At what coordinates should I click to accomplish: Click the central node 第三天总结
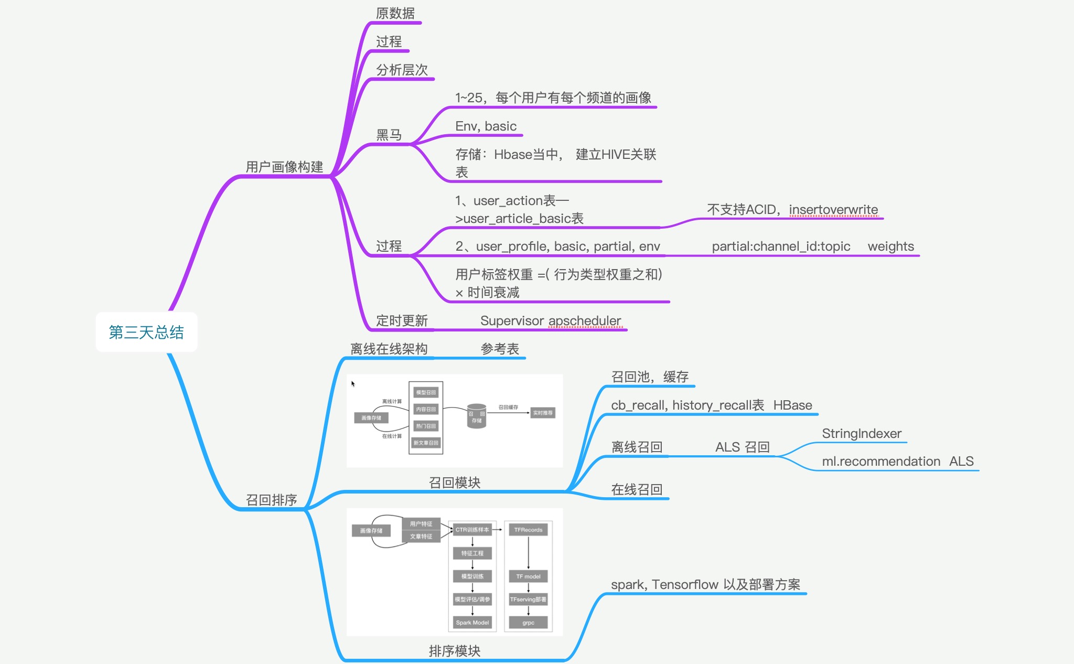(146, 332)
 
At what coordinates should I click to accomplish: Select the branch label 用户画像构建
(284, 167)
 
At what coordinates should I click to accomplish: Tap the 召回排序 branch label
(271, 500)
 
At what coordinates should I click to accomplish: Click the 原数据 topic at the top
(395, 13)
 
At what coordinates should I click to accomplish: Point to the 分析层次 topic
(402, 70)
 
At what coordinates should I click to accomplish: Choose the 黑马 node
(389, 135)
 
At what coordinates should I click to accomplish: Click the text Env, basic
(486, 126)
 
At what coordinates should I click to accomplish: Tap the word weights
(890, 247)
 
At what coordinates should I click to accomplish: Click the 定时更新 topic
(402, 320)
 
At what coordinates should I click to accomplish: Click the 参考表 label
(500, 349)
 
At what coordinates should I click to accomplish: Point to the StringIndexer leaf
(861, 434)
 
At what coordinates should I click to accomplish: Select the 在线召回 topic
(637, 489)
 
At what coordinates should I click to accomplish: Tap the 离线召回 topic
(637, 447)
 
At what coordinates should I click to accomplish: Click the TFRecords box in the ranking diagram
(528, 530)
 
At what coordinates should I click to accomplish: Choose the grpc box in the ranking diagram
(528, 623)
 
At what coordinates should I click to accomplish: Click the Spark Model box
(472, 623)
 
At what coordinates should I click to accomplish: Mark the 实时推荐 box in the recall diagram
(542, 413)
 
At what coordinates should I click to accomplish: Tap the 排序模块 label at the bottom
(454, 651)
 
